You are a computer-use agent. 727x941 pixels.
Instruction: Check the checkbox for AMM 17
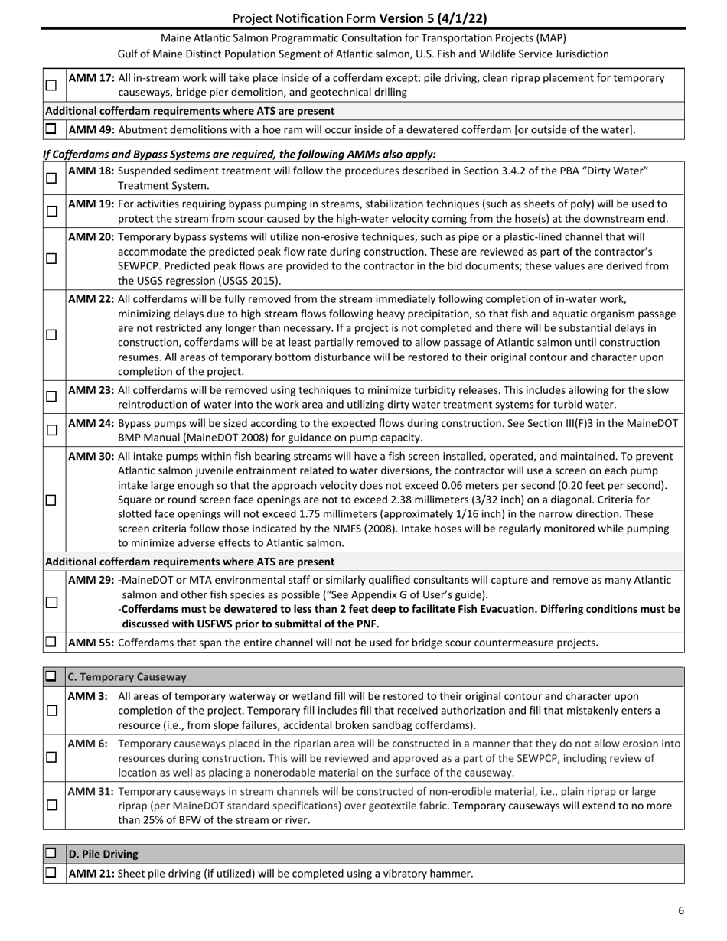coord(51,85)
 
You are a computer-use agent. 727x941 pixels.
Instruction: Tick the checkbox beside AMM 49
coord(51,129)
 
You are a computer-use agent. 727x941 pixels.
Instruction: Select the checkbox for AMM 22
coord(51,335)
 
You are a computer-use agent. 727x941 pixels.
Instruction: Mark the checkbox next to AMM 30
coord(51,500)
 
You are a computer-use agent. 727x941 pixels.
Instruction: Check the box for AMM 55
coord(51,642)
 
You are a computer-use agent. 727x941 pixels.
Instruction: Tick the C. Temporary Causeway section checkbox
coord(51,677)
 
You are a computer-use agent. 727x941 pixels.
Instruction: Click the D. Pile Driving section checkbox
coord(51,853)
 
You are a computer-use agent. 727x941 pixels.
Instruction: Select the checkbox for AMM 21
coord(51,873)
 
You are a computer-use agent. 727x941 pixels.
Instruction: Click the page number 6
coord(681,910)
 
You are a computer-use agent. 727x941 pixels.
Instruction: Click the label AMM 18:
coord(92,171)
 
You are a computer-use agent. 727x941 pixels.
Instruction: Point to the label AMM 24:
coord(92,422)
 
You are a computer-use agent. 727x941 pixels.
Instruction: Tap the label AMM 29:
coord(92,580)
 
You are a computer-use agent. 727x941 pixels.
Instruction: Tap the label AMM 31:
coord(92,790)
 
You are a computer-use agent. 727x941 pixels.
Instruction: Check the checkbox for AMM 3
coord(51,710)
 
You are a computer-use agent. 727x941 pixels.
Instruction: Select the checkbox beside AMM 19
coord(51,211)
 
